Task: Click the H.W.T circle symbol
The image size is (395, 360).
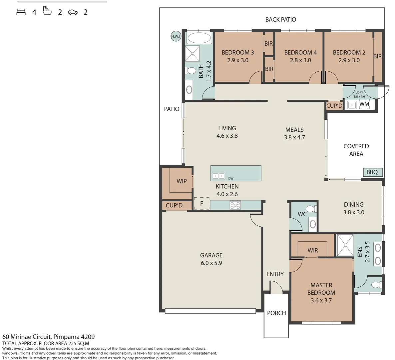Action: pos(176,36)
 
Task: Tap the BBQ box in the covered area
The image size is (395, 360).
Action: pos(373,172)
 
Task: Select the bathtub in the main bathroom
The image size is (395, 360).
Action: pos(199,38)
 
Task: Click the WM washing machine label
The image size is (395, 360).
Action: pos(364,104)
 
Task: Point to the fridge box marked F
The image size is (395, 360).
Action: pos(201,203)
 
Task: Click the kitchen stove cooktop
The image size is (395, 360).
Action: pos(235,205)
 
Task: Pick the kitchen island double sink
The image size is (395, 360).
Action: pos(218,176)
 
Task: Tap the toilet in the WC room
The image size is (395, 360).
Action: pos(311,209)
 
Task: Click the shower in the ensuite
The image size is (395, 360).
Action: pos(345,245)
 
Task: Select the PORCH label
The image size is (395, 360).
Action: pos(276,313)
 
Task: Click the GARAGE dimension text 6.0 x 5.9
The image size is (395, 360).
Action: pos(211,263)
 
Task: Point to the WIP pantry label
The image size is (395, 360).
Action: pos(182,181)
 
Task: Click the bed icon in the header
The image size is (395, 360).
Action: pos(21,12)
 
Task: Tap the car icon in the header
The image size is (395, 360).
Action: pos(73,12)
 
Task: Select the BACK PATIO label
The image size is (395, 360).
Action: pos(281,19)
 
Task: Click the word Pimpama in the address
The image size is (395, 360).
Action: pos(66,337)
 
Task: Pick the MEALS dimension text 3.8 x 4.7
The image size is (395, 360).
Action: pos(294,137)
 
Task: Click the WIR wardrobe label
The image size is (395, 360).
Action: pos(313,250)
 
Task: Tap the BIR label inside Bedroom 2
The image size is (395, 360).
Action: pos(377,56)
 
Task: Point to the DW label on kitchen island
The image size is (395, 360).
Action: pos(231,178)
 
